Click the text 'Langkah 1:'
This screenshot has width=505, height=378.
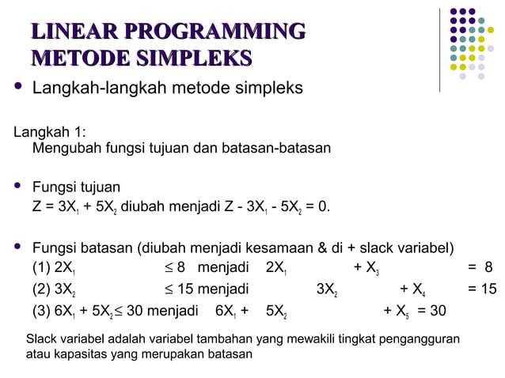click(49, 131)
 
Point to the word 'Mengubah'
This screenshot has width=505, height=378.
click(64, 148)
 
